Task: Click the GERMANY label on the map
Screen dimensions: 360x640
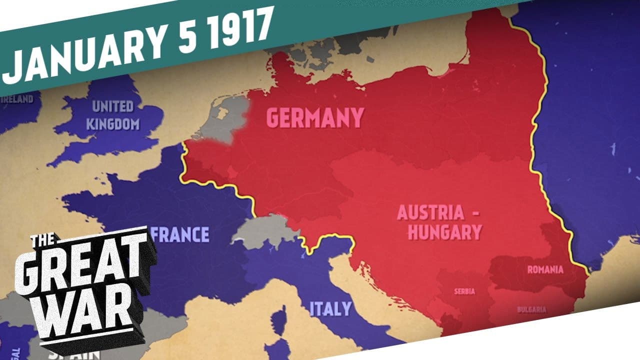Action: [x=314, y=118]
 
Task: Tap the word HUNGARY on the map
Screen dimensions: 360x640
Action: [x=440, y=232]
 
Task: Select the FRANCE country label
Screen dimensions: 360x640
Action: [x=179, y=234]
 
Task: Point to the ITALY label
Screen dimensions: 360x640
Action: [x=330, y=308]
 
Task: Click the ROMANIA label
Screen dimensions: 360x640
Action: [x=545, y=270]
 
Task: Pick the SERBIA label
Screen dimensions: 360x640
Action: [x=464, y=291]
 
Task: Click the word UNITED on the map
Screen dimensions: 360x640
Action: [x=112, y=106]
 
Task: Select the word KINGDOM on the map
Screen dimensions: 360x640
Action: [x=112, y=123]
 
